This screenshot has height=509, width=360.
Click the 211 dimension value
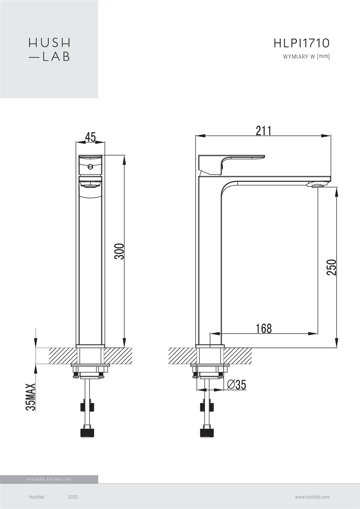[x=264, y=131]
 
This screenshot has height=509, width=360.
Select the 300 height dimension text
[x=119, y=252]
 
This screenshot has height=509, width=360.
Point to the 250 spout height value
[x=331, y=268]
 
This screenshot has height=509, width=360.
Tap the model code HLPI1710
[x=301, y=43]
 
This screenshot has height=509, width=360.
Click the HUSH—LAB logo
[x=49, y=50]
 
